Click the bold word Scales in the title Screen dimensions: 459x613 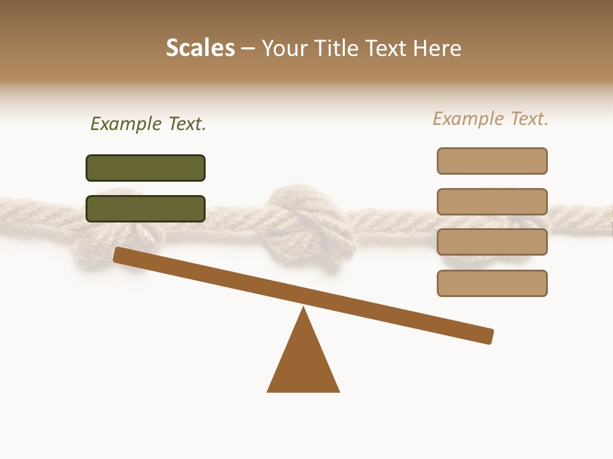tap(201, 48)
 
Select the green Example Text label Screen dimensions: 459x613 tap(148, 124)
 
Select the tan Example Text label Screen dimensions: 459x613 tap(490, 119)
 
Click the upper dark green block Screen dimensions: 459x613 tap(146, 168)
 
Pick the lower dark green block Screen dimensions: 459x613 tap(146, 208)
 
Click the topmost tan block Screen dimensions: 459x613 tap(492, 161)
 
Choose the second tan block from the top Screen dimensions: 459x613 tap(492, 201)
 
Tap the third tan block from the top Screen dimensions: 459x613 tap(492, 242)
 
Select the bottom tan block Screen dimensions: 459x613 tap(492, 283)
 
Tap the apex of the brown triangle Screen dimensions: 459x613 tap(303, 309)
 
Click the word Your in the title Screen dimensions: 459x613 tap(285, 48)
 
